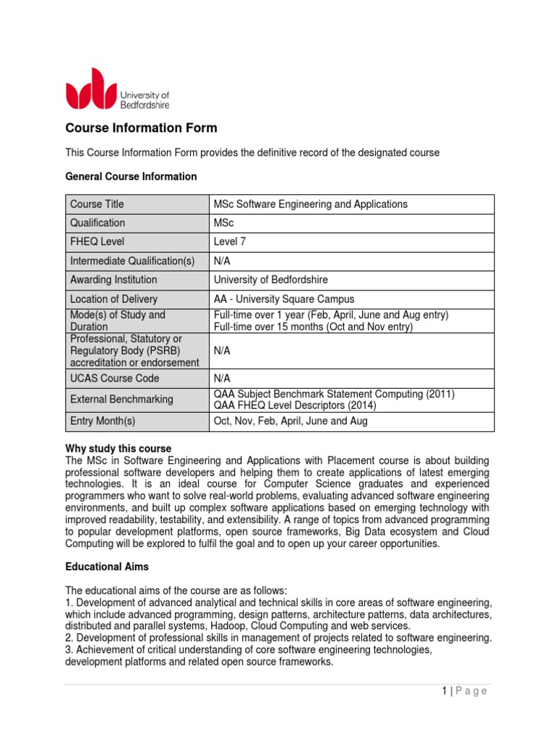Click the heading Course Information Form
[x=141, y=128]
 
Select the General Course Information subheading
[x=131, y=176]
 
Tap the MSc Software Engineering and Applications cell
[x=311, y=205]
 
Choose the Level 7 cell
[x=230, y=242]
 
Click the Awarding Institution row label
[x=113, y=280]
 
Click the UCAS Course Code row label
[x=114, y=378]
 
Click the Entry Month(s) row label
[x=103, y=421]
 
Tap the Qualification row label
[x=98, y=223]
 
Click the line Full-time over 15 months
[x=313, y=327]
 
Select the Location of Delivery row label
[x=113, y=298]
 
